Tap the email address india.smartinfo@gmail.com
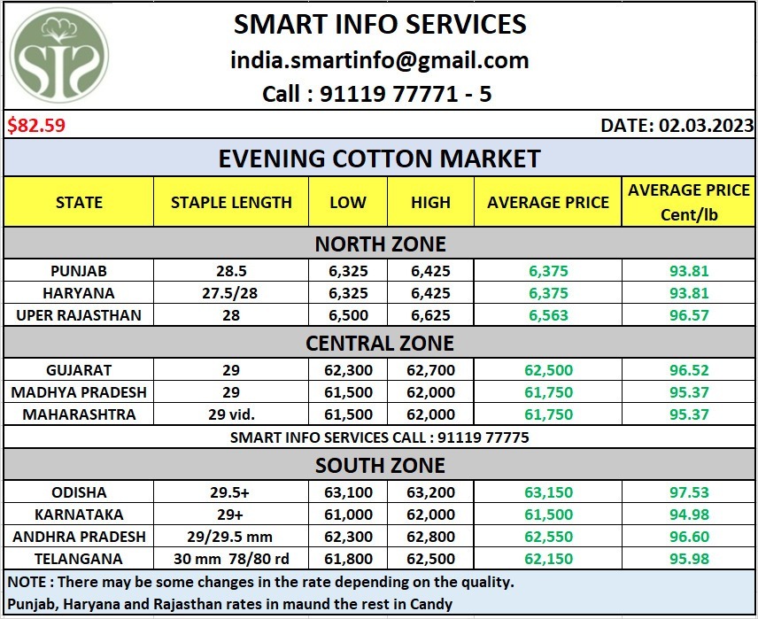pos(380,60)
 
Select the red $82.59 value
pos(37,125)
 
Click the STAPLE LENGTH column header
pos(231,202)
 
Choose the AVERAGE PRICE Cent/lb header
pos(688,202)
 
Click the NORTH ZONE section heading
pos(380,243)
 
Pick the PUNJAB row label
pos(78,271)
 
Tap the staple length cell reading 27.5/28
pos(231,293)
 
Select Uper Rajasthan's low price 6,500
pos(347,315)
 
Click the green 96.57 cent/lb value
pos(688,315)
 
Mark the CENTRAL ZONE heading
pos(380,342)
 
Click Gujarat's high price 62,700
pos(430,370)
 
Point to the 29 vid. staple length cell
pos(231,414)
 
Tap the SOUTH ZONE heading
pos(380,465)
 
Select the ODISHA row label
pos(78,492)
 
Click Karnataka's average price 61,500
pos(548,515)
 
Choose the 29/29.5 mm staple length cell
pos(231,537)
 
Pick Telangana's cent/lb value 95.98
pos(688,559)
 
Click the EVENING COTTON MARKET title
pos(380,159)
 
